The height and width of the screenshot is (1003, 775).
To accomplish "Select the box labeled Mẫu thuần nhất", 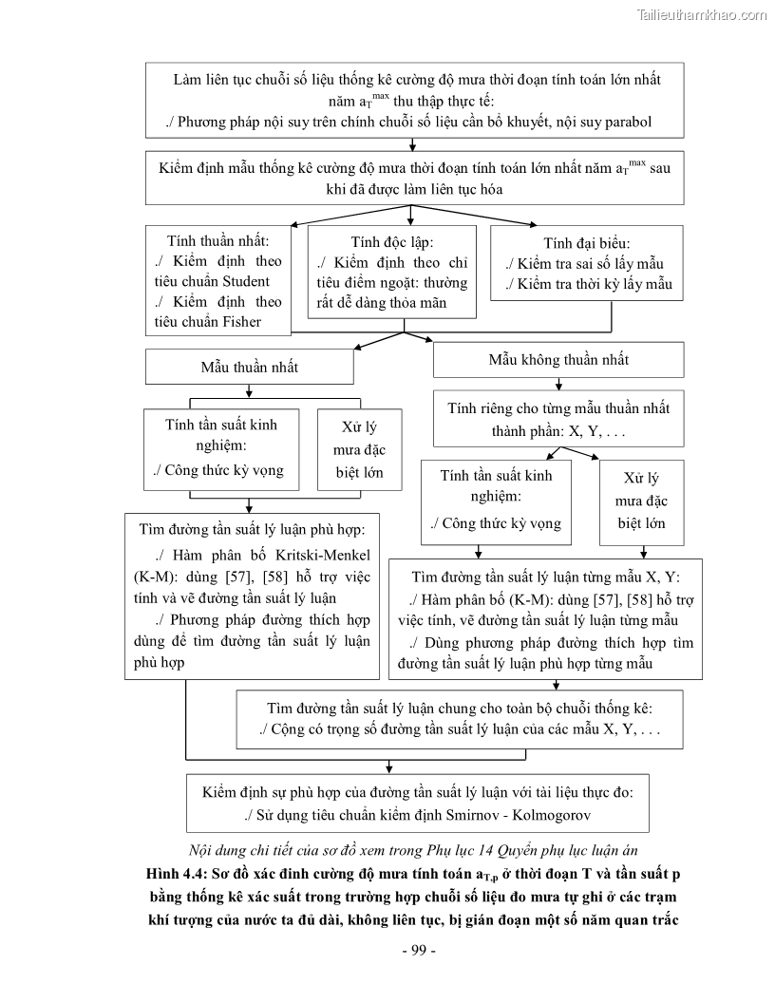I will (249, 366).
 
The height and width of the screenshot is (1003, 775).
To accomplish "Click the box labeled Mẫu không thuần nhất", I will (558, 360).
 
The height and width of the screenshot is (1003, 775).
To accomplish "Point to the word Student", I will (245, 281).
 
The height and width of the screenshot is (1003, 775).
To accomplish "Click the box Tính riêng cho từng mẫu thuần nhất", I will (558, 418).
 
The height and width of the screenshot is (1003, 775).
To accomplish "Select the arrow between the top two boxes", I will (411, 144).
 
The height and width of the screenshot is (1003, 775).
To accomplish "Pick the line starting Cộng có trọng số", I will (460, 730).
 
